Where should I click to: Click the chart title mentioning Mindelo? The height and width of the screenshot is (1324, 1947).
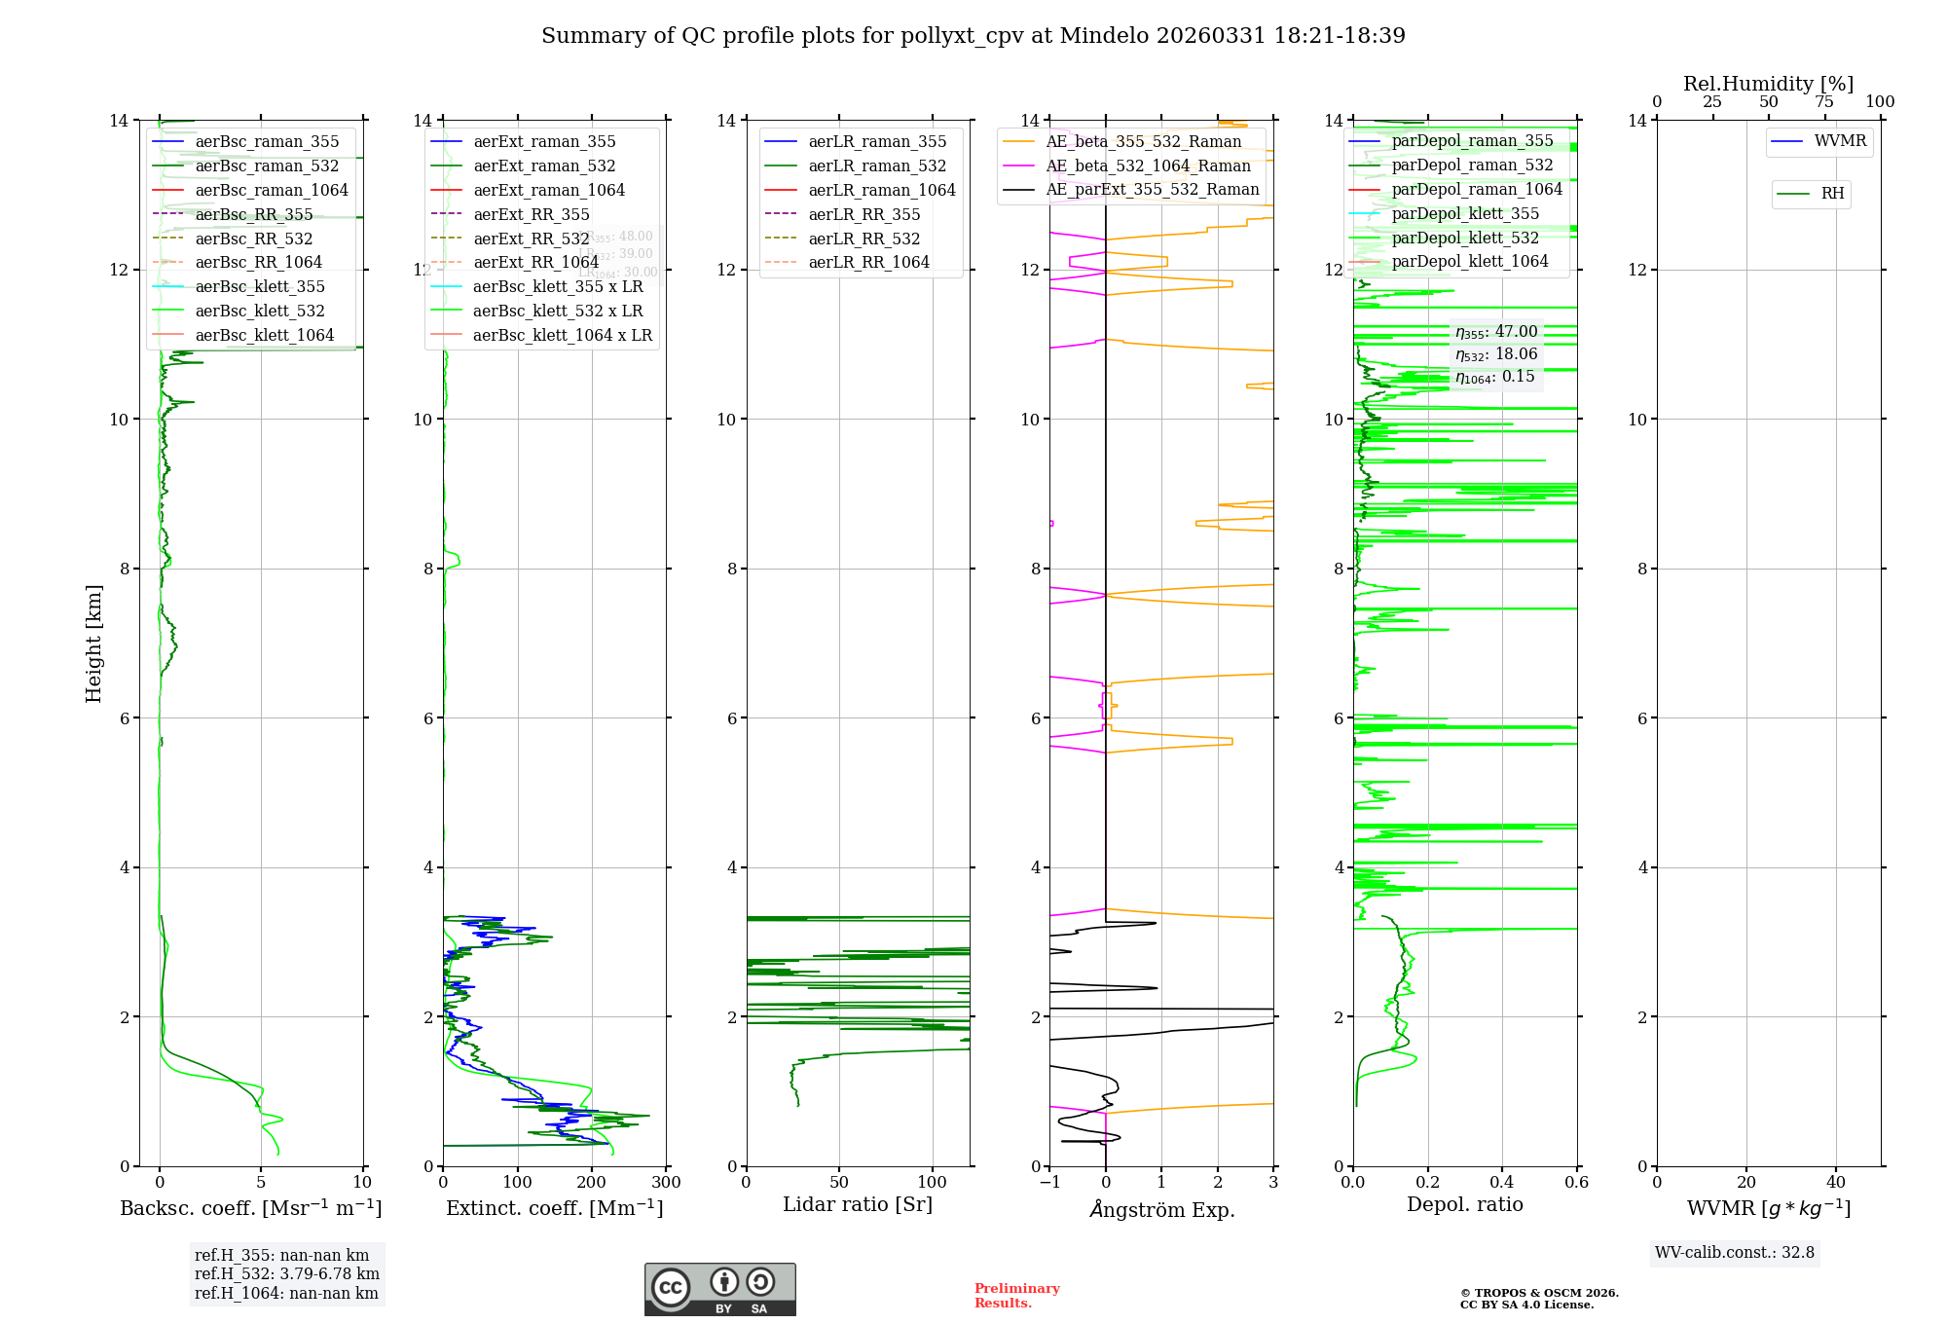973,36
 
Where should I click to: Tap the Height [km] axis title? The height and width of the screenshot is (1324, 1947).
93,644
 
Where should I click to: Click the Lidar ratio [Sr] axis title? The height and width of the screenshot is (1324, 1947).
858,1205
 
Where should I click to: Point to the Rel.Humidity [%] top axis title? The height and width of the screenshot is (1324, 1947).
1768,84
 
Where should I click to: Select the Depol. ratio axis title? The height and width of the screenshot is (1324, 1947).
1465,1205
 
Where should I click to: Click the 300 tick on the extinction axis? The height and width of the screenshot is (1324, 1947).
667,1183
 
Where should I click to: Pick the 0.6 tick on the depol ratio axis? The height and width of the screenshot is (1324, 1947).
1576,1183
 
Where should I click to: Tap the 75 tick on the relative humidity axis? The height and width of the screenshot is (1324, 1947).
1824,102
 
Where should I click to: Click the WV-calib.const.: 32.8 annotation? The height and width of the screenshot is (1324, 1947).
1735,1253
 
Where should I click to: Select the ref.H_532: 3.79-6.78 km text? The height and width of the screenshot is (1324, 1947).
287,1274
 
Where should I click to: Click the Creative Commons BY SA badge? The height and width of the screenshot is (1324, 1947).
719,1290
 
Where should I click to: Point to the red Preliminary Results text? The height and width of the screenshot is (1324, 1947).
1016,1296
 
